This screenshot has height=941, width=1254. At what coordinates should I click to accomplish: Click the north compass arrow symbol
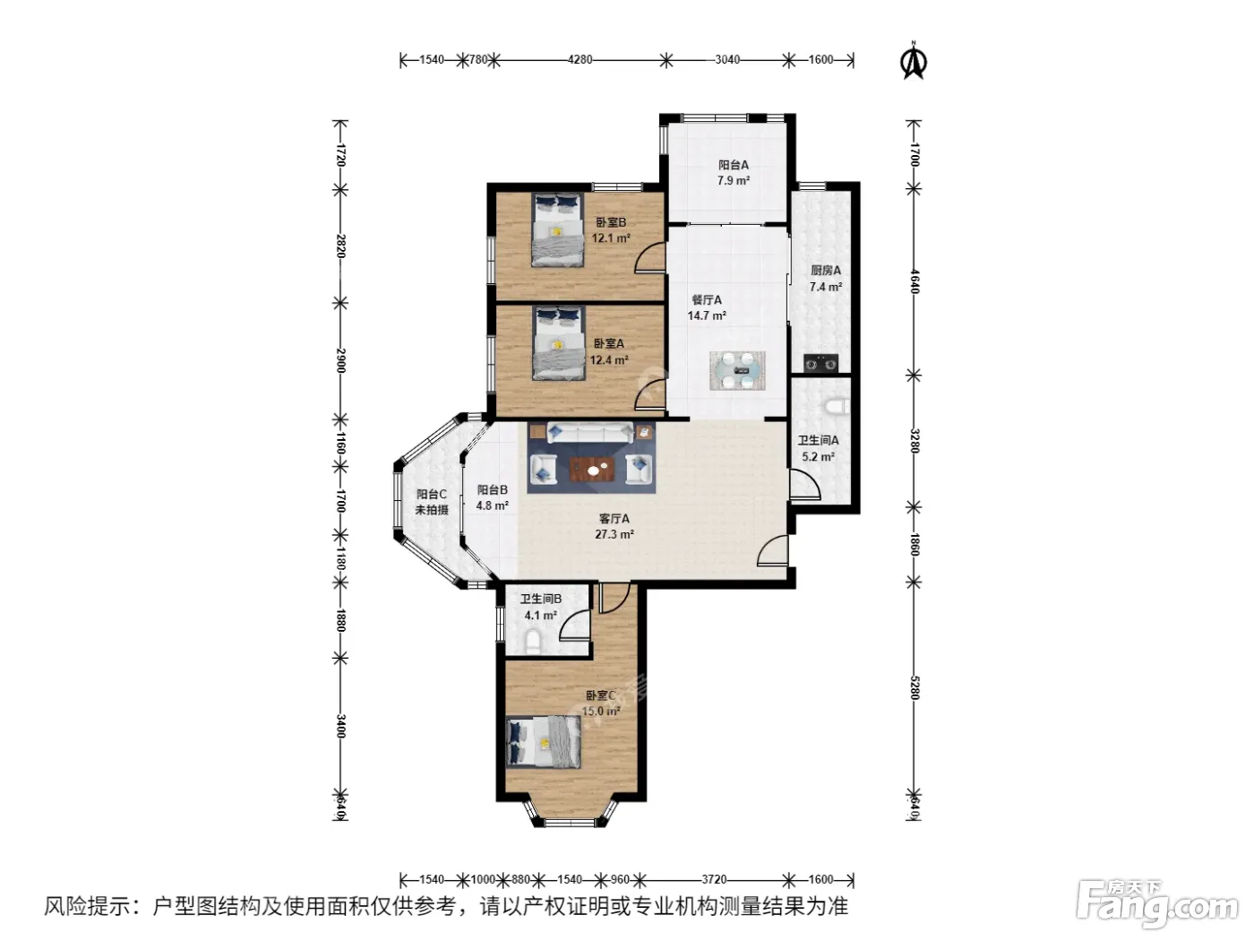click(914, 61)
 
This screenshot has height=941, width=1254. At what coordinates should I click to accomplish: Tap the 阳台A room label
click(733, 165)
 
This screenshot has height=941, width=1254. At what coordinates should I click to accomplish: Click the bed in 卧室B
click(558, 229)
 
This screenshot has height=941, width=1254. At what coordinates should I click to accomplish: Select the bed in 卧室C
click(544, 742)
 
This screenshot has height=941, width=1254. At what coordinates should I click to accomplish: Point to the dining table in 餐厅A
click(737, 371)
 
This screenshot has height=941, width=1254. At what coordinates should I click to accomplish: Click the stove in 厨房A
click(820, 363)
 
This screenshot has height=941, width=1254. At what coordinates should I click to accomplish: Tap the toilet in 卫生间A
click(837, 406)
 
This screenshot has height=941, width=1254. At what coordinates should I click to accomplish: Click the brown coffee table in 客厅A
click(592, 469)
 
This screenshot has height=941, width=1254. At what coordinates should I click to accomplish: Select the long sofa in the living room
click(590, 433)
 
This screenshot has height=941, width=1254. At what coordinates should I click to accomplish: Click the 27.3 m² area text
click(614, 535)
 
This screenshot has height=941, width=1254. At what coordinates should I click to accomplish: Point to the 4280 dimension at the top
click(580, 59)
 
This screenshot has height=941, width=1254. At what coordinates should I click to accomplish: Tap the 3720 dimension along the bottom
click(714, 879)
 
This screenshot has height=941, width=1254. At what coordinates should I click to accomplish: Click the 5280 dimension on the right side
click(915, 688)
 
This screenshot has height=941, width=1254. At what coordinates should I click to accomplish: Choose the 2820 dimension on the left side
click(340, 246)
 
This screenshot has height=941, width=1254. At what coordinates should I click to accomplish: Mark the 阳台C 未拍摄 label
click(432, 502)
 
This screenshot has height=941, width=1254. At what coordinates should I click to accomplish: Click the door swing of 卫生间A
click(805, 485)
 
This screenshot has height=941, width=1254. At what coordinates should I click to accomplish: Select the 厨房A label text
click(826, 271)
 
